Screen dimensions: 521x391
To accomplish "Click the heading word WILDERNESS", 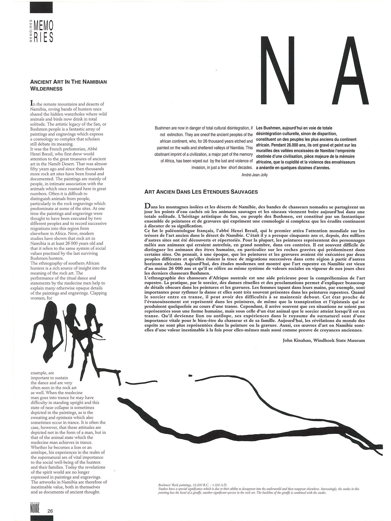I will click(46, 89).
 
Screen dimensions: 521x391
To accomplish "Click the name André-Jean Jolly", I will click(255, 175).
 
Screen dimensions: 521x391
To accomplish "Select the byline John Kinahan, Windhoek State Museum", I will click(324, 340).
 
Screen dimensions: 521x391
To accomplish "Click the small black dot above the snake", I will click(190, 375).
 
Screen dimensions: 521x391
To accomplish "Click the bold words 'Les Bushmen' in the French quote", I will click(268, 128).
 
